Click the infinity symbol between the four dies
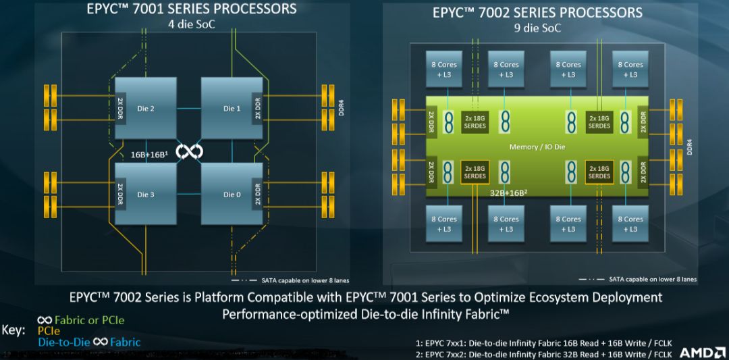190,151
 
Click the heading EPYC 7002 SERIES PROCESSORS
538,13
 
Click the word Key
14,331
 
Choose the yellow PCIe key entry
49,331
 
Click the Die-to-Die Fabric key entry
89,342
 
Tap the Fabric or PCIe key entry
81,320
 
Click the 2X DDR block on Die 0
256,195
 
